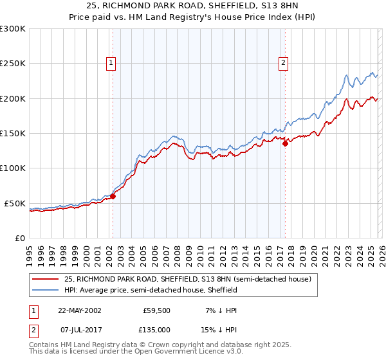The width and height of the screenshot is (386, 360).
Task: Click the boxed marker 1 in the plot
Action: [112, 63]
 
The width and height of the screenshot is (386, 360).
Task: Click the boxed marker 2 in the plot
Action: [284, 63]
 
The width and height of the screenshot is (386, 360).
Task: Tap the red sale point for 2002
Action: [113, 197]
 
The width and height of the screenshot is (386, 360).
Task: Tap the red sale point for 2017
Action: [284, 144]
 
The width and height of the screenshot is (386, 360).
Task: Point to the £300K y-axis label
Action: [13, 29]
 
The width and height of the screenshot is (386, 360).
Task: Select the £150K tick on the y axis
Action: [13, 134]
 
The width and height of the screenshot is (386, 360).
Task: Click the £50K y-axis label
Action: [15, 203]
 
